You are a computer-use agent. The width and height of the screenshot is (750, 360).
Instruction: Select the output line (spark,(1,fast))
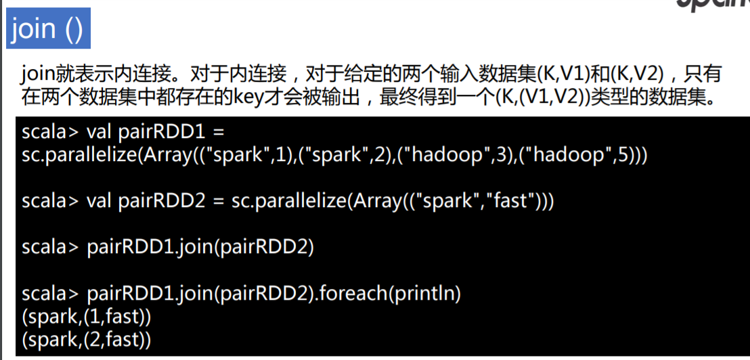click(86, 315)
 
